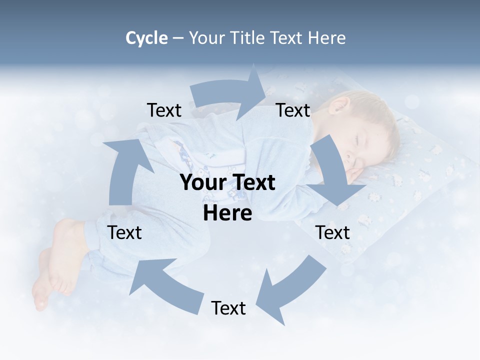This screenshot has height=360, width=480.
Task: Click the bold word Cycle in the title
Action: tap(146, 38)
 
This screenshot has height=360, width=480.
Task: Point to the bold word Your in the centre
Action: tap(203, 183)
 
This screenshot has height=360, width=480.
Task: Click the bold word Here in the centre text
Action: tap(227, 213)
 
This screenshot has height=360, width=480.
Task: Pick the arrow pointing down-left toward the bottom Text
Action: tap(292, 287)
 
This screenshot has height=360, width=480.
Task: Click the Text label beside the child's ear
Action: tap(293, 110)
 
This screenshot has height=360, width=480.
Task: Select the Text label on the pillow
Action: tap(332, 232)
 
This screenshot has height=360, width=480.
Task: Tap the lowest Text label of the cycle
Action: tap(228, 308)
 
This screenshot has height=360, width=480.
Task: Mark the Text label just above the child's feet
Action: tap(124, 232)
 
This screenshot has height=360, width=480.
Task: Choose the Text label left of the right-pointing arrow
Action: tap(164, 110)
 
